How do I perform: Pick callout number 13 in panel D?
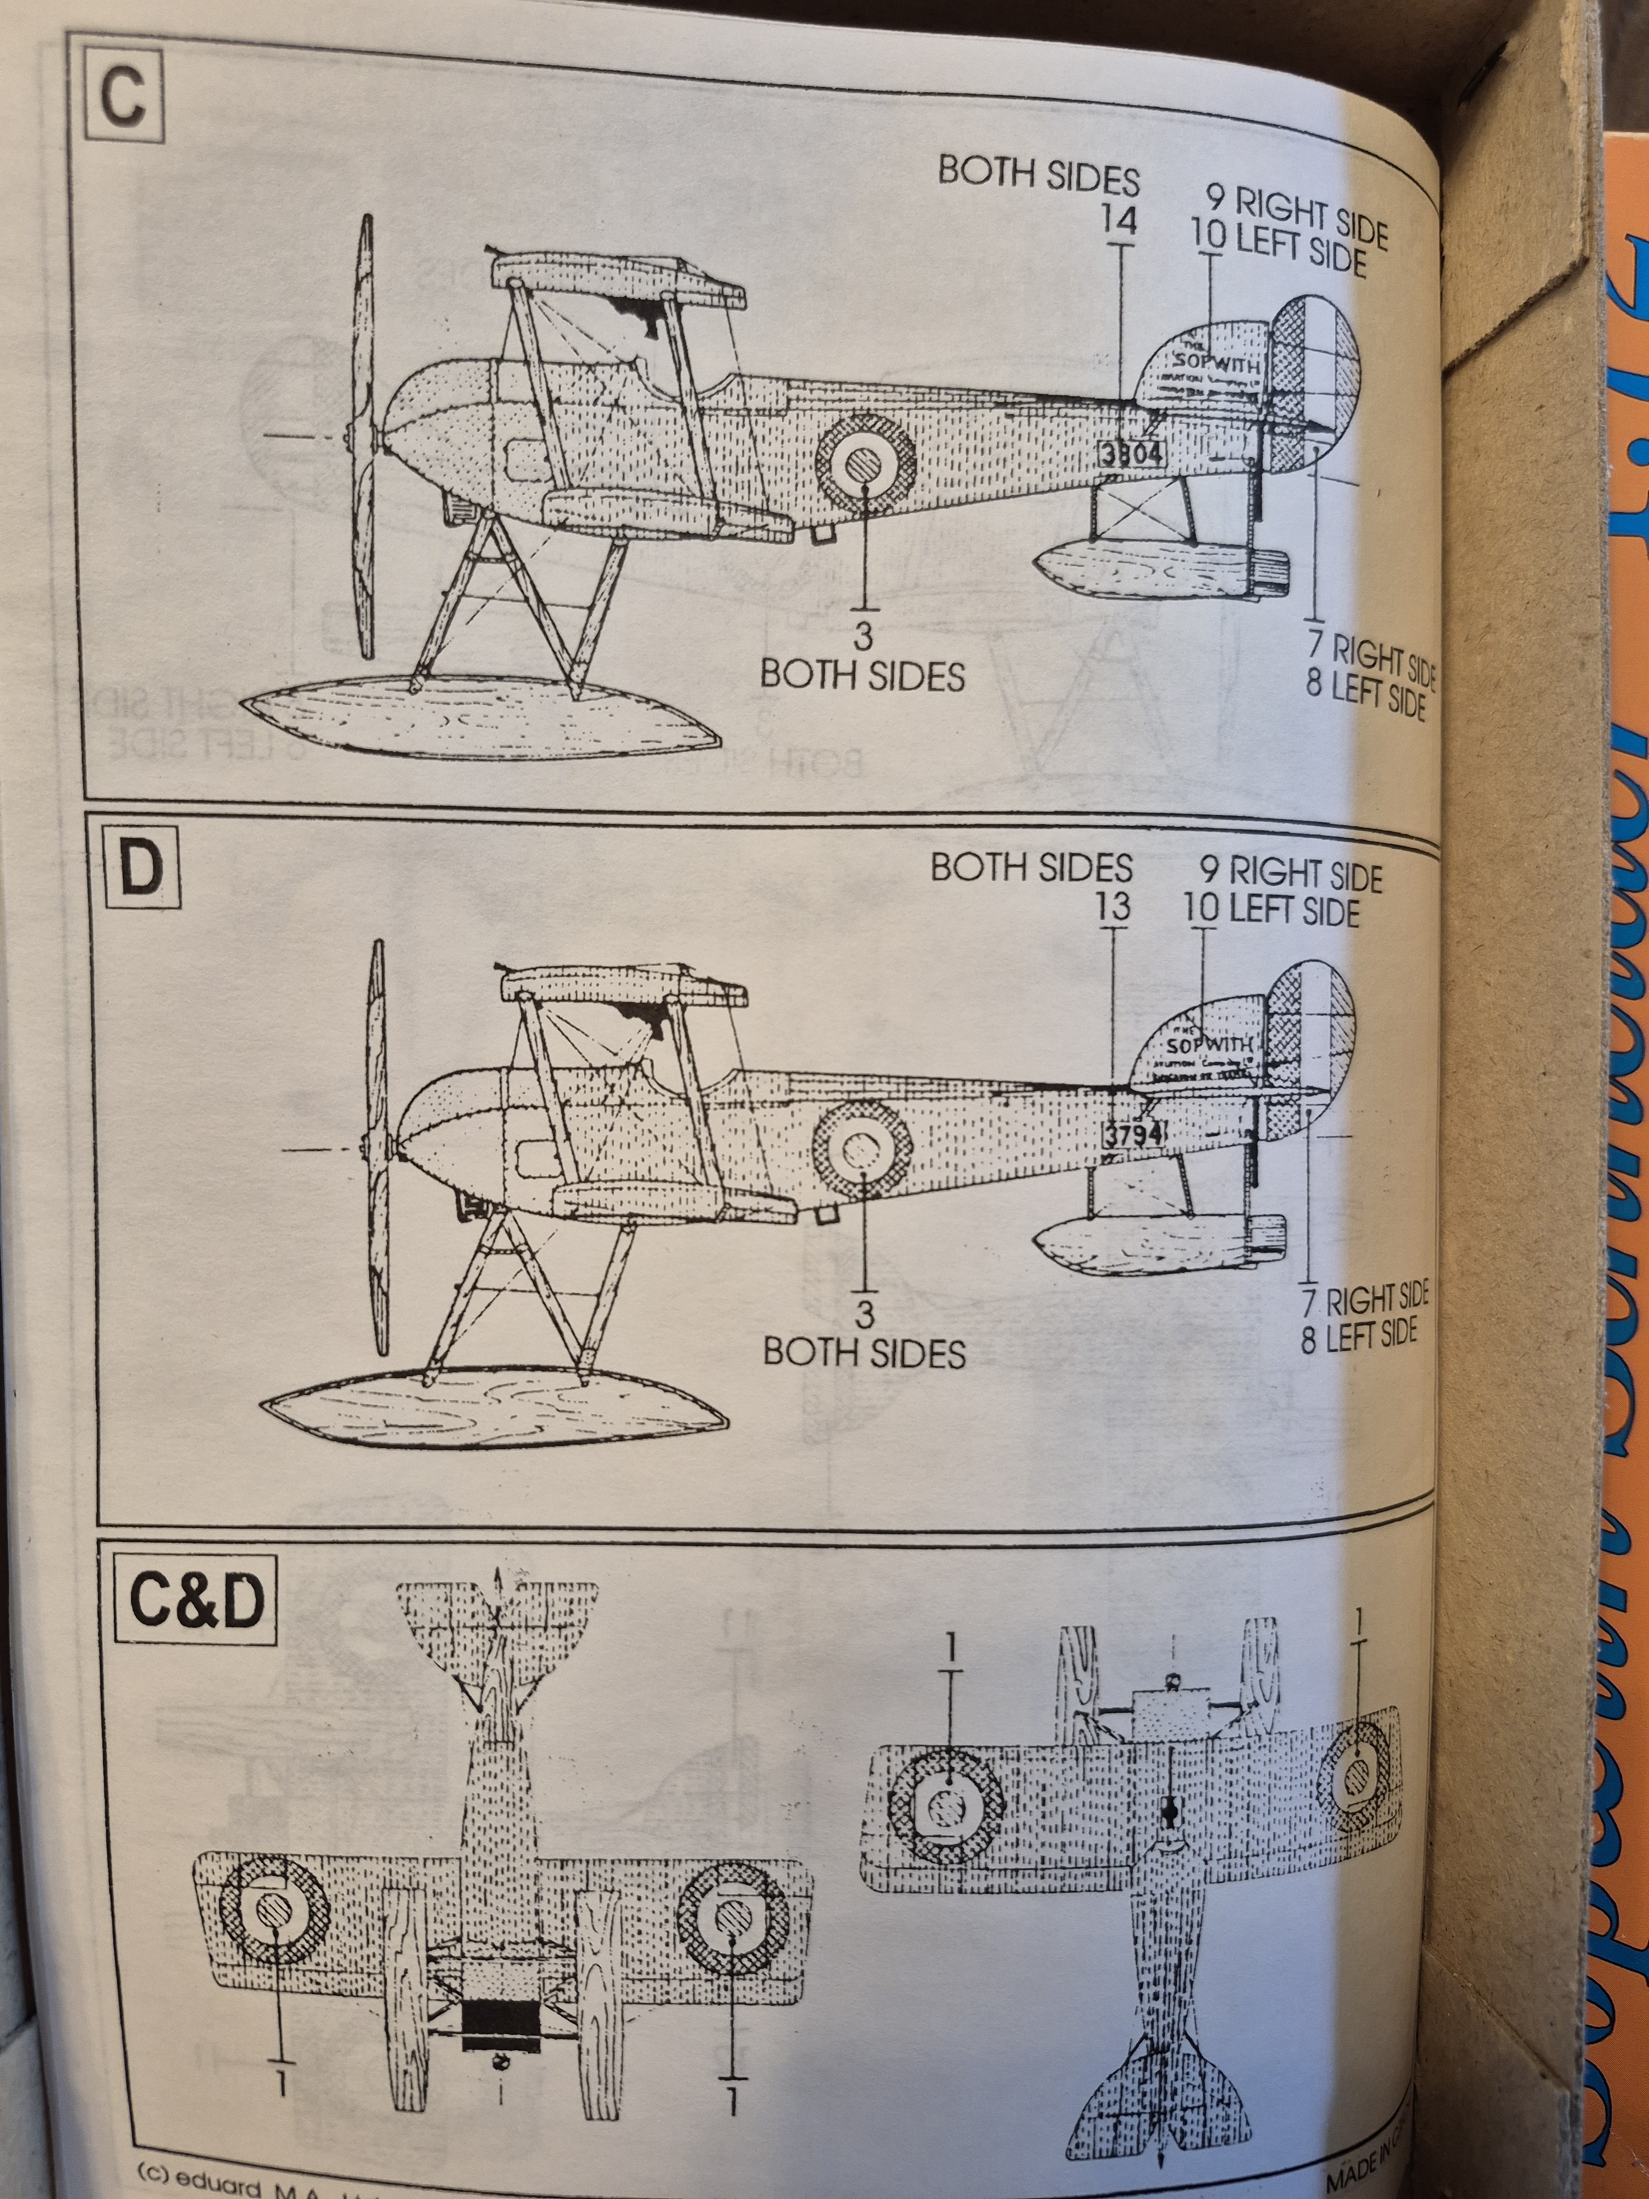tap(1113, 907)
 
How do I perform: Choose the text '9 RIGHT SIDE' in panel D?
tap(1290, 874)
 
